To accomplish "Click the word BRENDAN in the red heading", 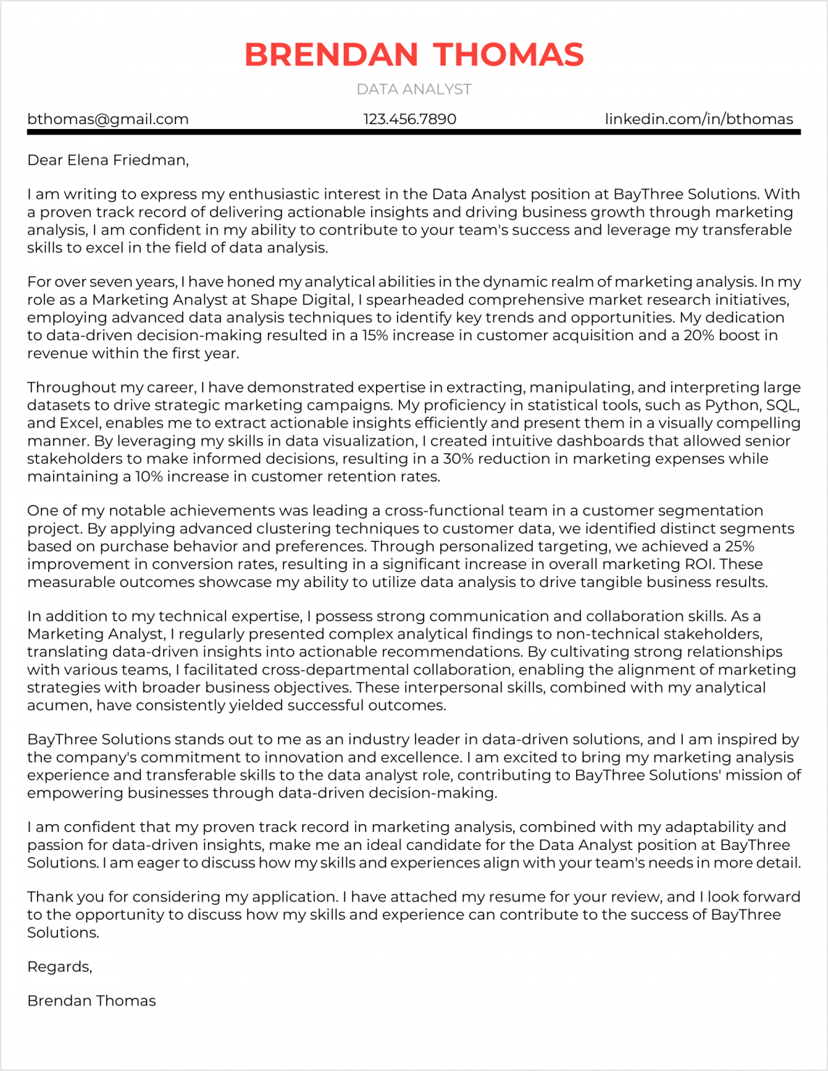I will (331, 55).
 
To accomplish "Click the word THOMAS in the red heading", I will (509, 55).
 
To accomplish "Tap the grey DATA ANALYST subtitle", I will (414, 89).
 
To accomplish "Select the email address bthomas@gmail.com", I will (108, 119).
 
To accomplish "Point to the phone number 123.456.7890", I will (409, 119).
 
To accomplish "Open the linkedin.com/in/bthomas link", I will (698, 119).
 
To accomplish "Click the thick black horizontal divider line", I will (414, 132).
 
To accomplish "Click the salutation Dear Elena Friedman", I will (108, 160).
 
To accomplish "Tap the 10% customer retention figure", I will (149, 477).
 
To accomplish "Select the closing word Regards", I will (59, 967).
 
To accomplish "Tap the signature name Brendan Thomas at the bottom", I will (91, 1001).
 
